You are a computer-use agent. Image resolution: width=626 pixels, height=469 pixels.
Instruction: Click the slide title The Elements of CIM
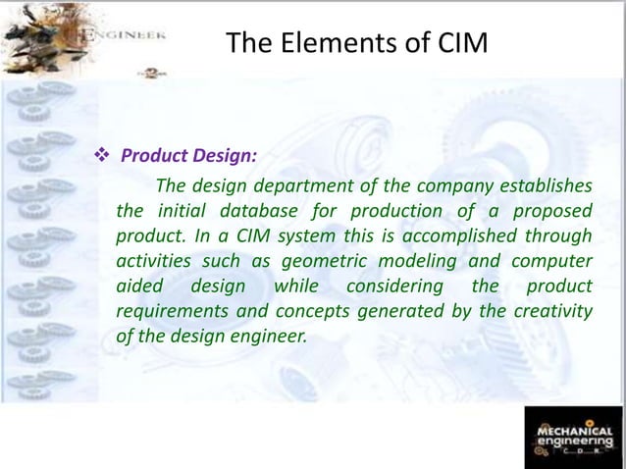(x=355, y=44)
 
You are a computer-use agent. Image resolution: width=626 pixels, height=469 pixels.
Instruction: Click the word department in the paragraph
(x=298, y=186)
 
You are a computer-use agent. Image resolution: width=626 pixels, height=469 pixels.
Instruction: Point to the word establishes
(x=545, y=186)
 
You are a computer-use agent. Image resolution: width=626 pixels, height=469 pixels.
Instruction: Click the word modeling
(x=411, y=263)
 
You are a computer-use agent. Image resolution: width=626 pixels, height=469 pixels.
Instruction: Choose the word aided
(x=138, y=287)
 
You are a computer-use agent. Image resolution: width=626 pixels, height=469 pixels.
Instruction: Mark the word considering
(x=385, y=287)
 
